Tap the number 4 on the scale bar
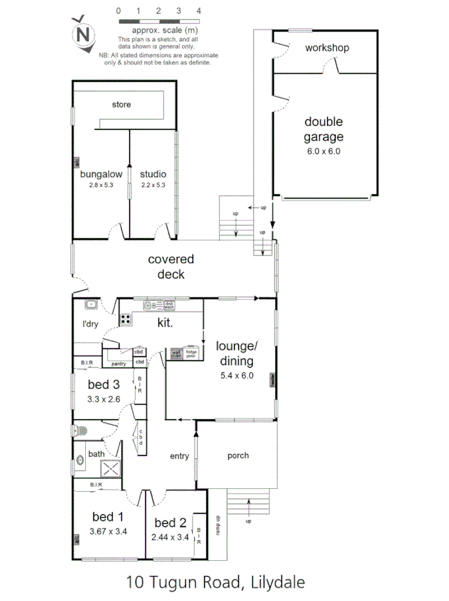199,11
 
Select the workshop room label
327,48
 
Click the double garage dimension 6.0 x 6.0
323,151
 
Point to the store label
121,105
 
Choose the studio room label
152,174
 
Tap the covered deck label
170,266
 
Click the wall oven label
177,353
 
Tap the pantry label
119,364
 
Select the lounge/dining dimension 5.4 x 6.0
236,376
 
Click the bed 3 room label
103,384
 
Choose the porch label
238,455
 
